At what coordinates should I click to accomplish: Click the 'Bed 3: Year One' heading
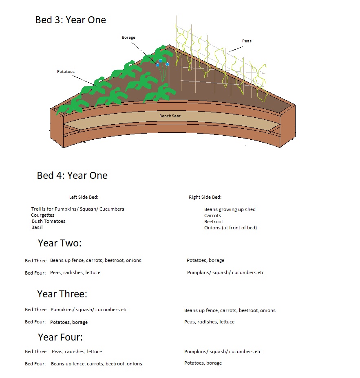[x=71, y=20]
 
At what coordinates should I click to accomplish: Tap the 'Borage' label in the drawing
[x=128, y=37]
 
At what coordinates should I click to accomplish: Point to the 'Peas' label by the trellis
[x=247, y=41]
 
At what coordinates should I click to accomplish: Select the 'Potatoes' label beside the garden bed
[x=66, y=72]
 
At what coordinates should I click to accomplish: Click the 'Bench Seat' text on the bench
[x=170, y=116]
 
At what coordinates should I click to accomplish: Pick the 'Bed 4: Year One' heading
[x=72, y=176]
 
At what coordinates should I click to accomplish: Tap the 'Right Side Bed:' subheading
[x=205, y=197]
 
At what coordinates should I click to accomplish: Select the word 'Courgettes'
[x=43, y=215]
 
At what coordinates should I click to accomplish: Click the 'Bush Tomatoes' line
[x=49, y=221]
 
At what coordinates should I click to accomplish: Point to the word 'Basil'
[x=37, y=227]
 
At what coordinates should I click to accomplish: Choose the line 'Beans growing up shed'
[x=230, y=209]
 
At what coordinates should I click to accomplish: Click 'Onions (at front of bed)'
[x=230, y=228]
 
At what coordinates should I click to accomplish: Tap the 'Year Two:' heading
[x=60, y=243]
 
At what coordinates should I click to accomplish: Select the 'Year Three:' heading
[x=62, y=294]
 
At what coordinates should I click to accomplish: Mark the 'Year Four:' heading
[x=60, y=337]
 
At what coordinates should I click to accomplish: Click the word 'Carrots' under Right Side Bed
[x=212, y=215]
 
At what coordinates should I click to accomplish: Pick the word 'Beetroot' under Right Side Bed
[x=214, y=222]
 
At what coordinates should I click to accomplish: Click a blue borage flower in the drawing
[x=160, y=61]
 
